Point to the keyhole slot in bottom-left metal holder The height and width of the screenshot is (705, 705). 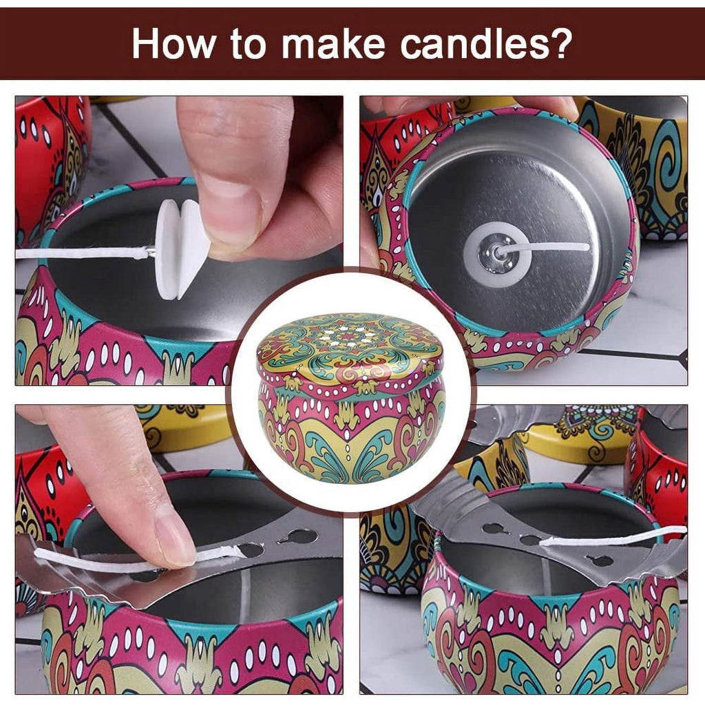299,536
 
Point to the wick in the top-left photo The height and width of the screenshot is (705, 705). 76,253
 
